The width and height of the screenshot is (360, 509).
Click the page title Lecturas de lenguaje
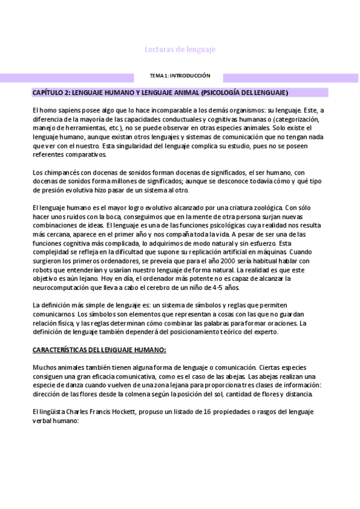click(181, 50)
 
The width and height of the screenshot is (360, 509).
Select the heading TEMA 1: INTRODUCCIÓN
click(180, 76)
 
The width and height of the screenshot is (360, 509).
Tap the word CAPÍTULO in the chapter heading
click(50, 93)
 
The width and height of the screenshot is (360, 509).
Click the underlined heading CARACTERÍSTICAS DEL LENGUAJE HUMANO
click(99, 350)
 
